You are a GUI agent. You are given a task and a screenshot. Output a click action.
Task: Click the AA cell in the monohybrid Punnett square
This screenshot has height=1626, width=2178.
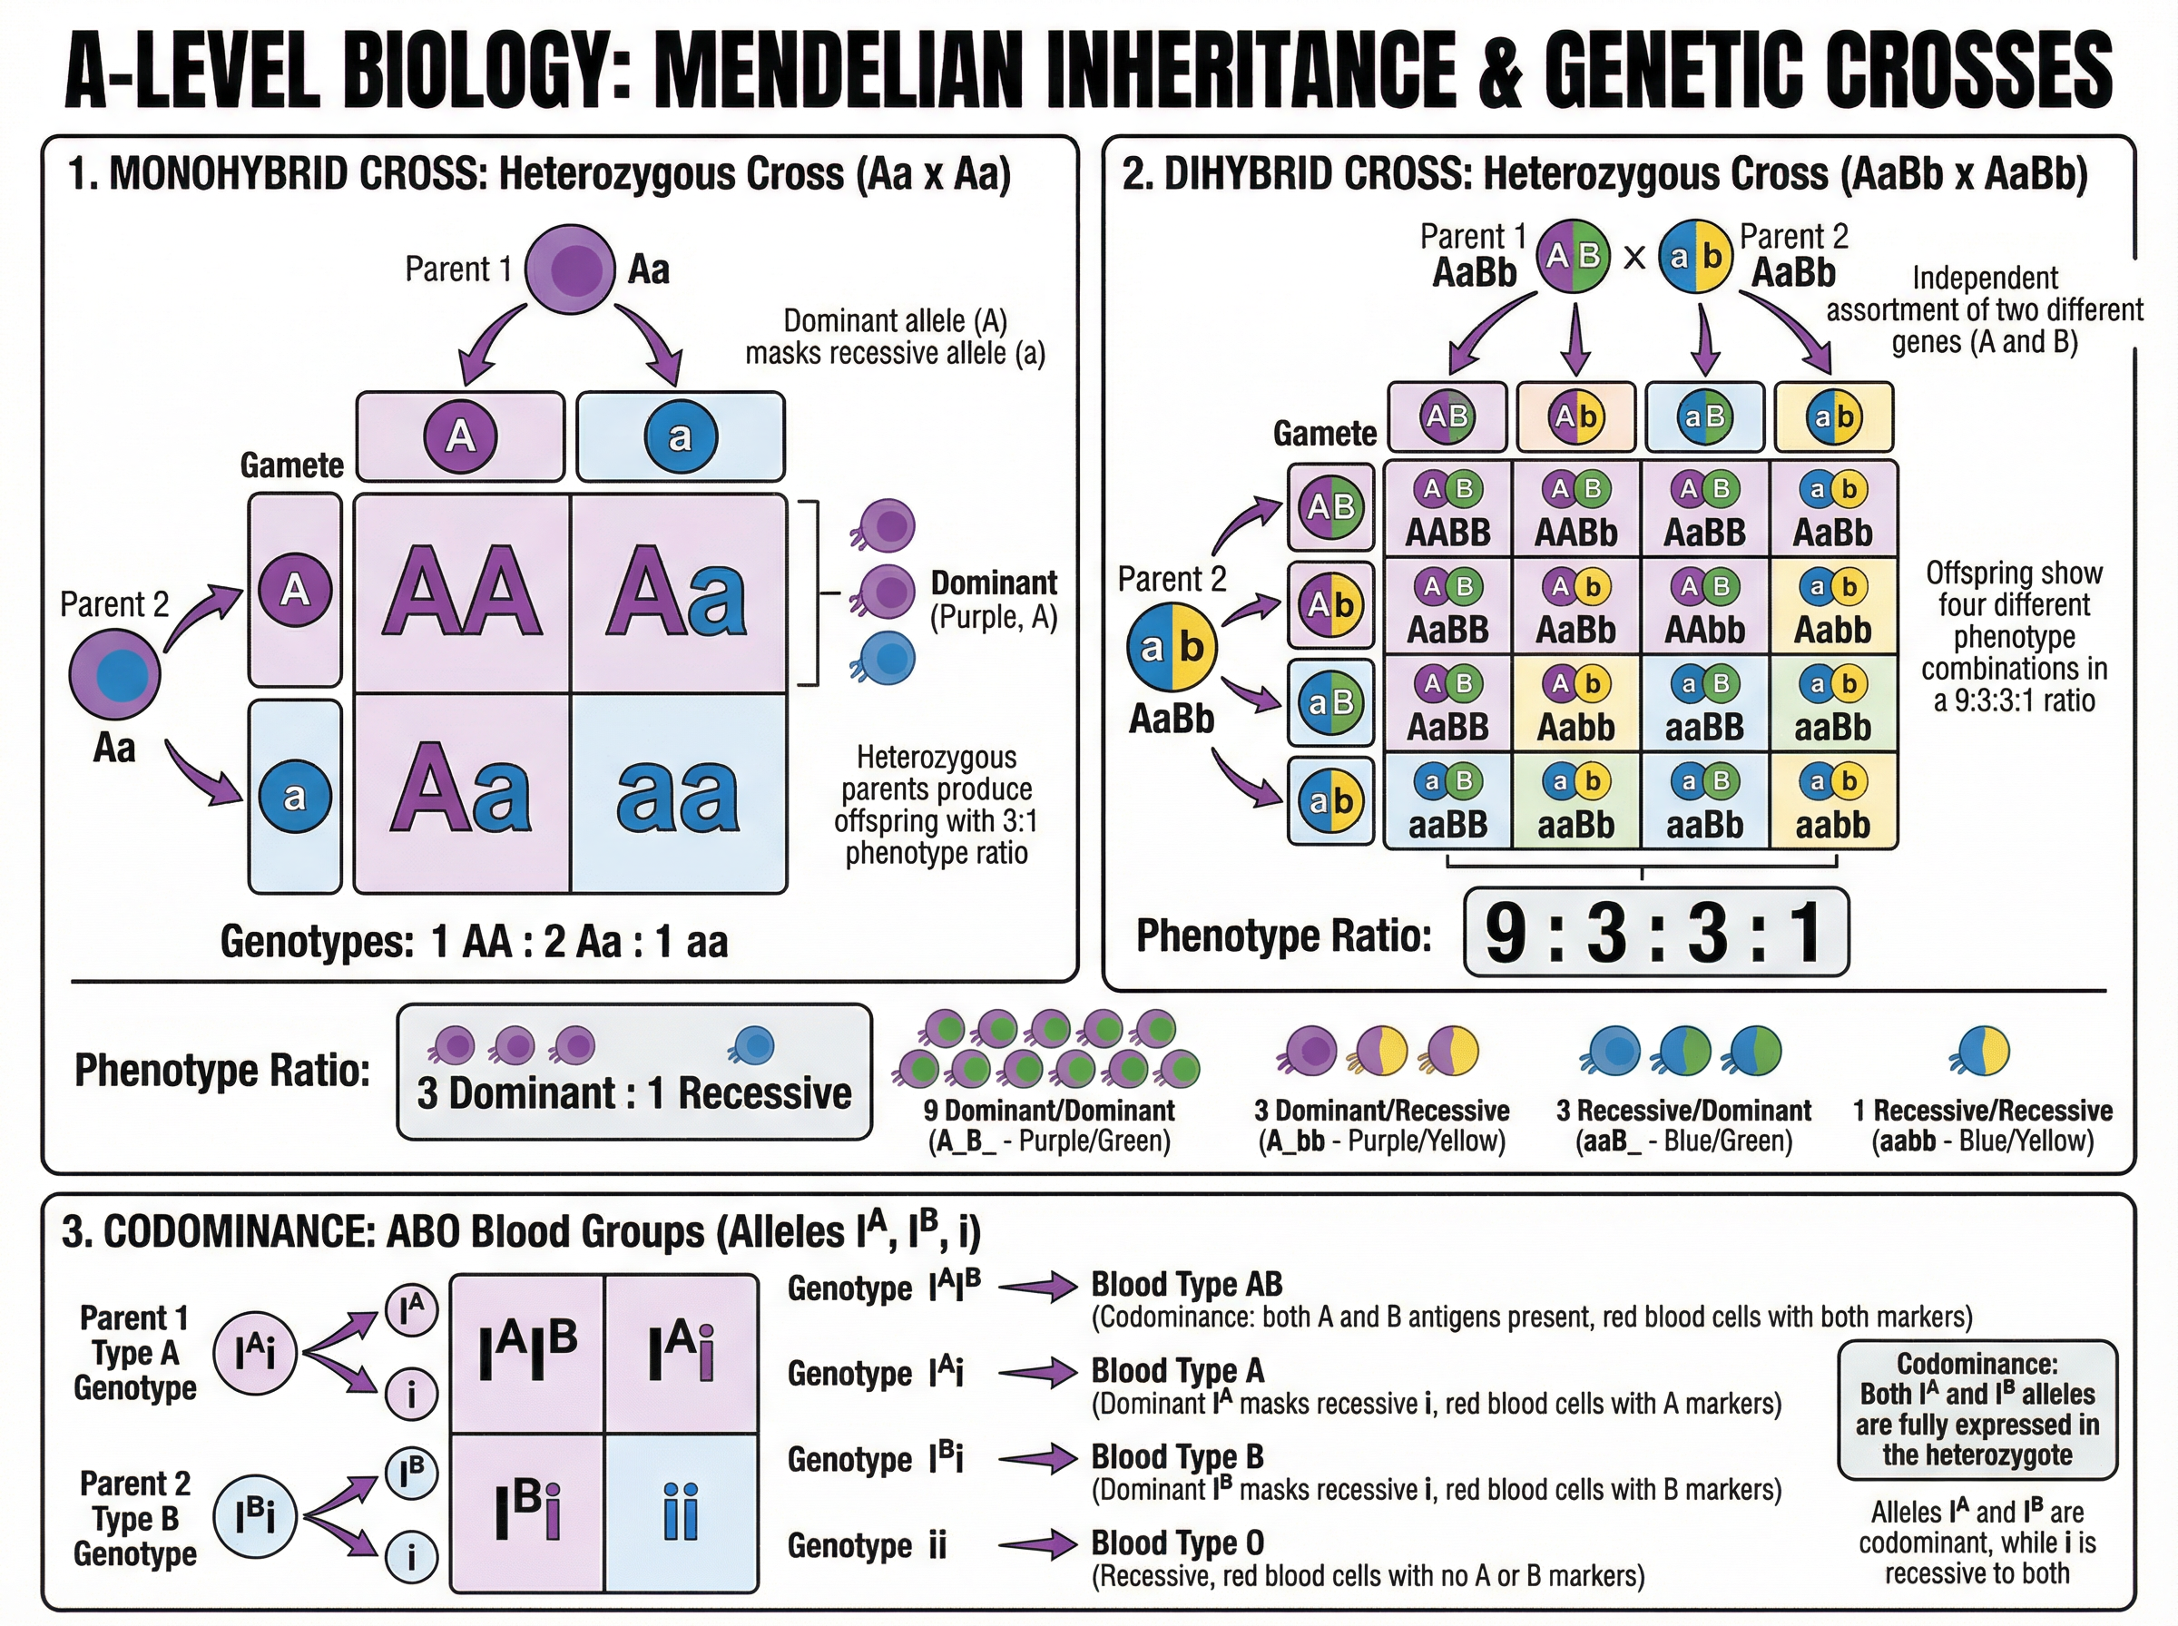click(x=462, y=593)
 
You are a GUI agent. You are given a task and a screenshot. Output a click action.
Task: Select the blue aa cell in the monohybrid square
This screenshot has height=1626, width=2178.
click(x=678, y=793)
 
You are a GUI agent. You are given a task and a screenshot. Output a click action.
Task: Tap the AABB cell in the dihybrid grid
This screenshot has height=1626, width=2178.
click(x=1447, y=510)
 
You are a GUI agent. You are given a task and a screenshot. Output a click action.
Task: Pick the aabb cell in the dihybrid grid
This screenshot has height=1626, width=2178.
click(x=1832, y=801)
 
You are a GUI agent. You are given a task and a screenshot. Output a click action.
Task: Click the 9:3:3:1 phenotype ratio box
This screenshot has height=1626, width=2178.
click(x=1655, y=931)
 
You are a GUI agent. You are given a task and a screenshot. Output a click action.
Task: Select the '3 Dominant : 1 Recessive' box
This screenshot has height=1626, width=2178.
click(x=633, y=1072)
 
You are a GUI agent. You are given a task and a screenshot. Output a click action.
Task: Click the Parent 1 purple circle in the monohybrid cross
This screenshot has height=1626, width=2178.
click(x=570, y=269)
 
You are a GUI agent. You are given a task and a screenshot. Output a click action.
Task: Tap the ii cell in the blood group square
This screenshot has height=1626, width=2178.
click(x=680, y=1513)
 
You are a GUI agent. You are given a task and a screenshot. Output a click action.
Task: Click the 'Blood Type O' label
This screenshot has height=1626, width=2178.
click(x=1177, y=1543)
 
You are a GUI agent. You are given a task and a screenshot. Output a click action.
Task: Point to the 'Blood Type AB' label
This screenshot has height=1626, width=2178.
click(x=1187, y=1285)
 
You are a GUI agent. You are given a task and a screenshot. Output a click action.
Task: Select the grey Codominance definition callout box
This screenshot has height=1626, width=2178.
click(x=1977, y=1409)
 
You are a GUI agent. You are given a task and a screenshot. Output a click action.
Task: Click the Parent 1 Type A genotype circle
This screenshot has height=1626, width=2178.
click(x=255, y=1355)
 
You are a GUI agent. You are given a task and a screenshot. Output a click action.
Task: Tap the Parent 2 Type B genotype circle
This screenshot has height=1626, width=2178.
click(x=255, y=1517)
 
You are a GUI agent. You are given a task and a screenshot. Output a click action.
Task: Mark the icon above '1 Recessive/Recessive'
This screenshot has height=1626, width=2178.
click(x=1980, y=1050)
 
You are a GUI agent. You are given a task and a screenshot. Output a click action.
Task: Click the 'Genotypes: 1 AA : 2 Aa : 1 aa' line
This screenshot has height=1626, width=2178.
click(x=474, y=942)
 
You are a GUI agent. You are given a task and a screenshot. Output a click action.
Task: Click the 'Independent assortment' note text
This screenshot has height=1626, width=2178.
click(x=1984, y=310)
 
